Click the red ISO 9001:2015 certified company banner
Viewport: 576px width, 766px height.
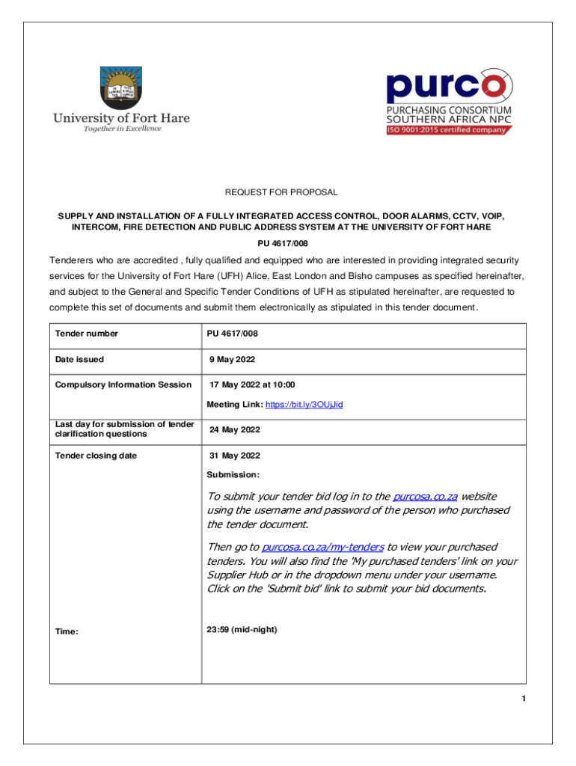[x=447, y=129]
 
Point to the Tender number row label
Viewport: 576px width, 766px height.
[x=87, y=334]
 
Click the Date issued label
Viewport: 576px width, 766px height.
[x=79, y=360]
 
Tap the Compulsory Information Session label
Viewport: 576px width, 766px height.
[x=123, y=385]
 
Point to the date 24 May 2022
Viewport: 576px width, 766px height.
[x=235, y=430]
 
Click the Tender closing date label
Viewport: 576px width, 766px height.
[x=96, y=456]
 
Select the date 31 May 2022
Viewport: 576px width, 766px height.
[x=235, y=456]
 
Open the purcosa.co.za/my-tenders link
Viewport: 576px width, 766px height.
[x=323, y=548]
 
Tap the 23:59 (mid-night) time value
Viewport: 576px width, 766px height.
[x=242, y=630]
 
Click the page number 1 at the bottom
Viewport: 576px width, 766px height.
[x=524, y=699]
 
